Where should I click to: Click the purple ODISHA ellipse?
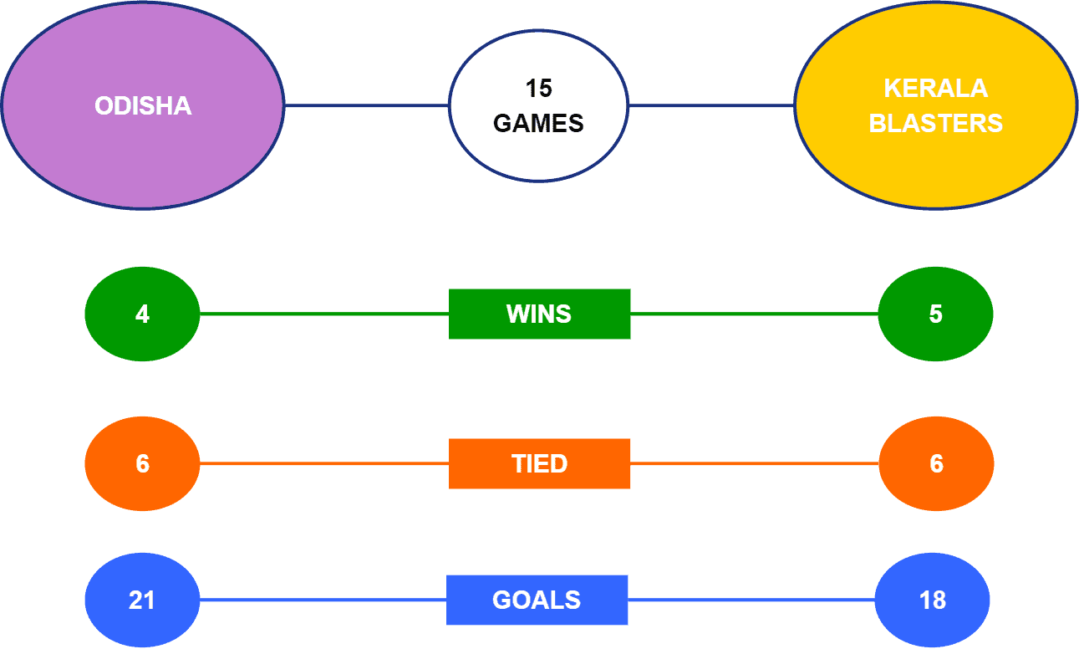143,105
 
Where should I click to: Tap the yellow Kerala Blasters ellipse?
935,105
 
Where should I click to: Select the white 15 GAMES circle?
538,105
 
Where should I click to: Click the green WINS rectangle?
540,314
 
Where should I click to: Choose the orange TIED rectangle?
540,463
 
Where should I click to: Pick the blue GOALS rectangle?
537,600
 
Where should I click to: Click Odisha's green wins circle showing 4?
142,314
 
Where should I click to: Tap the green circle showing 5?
935,314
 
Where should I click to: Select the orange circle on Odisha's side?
142,463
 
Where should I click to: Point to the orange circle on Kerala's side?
936,463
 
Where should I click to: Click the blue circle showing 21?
142,600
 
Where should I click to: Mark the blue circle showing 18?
932,600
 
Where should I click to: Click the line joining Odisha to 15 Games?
367,105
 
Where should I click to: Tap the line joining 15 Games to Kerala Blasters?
711,105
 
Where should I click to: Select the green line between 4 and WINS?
324,314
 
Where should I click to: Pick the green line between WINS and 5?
755,314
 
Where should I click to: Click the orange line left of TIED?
324,463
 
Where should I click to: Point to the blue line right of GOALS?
751,600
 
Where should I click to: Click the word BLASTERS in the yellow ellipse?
935,123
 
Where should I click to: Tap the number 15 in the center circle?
538,89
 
